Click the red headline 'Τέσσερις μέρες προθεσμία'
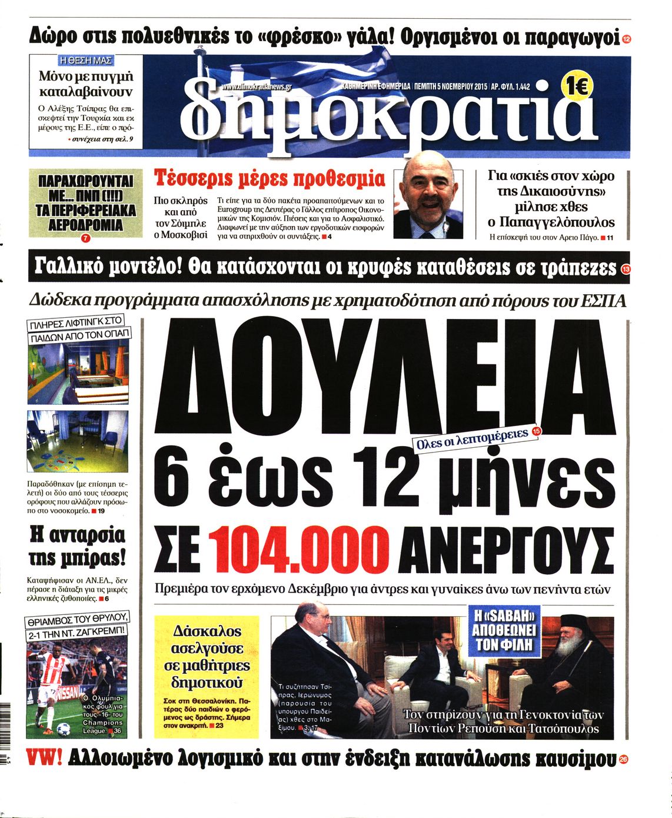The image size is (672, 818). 269,178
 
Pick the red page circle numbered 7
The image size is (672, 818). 85,239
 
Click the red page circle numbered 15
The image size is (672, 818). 535,431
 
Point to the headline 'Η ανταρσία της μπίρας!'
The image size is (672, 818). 77,546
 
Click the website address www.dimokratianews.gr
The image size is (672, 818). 257,87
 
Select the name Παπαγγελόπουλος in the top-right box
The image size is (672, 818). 551,222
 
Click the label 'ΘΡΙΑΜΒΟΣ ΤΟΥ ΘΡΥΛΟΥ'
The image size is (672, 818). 76,621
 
